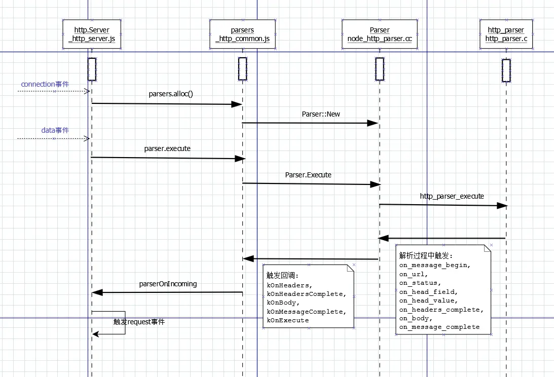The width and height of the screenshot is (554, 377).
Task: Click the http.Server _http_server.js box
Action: [92, 34]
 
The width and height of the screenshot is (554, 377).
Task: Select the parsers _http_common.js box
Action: [242, 34]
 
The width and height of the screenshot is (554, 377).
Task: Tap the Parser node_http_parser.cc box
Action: [380, 34]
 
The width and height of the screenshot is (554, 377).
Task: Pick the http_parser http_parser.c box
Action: [506, 34]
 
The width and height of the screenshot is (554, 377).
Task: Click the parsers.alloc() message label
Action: [171, 94]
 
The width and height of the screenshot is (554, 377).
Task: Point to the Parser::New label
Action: [321, 114]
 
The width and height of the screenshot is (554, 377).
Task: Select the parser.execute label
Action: [167, 149]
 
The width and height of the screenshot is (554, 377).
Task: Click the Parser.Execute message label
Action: [308, 175]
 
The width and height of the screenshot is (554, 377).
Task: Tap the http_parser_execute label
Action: [452, 196]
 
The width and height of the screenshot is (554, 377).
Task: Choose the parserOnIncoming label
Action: [168, 284]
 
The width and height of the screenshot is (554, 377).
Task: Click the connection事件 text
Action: [45, 84]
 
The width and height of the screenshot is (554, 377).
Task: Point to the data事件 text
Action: [55, 130]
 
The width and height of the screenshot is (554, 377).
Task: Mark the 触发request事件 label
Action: [139, 322]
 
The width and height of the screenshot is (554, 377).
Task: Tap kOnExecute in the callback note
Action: [287, 320]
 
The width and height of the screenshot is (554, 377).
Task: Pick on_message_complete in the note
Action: [439, 327]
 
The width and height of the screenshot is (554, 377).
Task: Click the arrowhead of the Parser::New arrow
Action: [373, 123]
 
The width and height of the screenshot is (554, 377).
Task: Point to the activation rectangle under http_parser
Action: [506, 70]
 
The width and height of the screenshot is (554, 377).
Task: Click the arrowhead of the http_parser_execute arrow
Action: [502, 206]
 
